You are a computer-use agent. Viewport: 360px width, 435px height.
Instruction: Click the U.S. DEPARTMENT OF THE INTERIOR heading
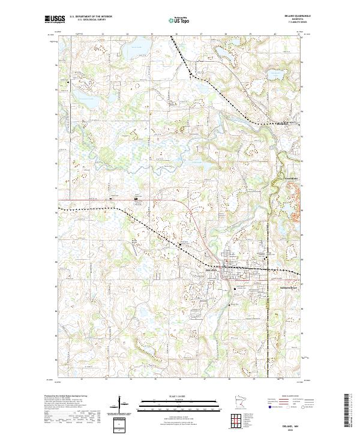(90, 17)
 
